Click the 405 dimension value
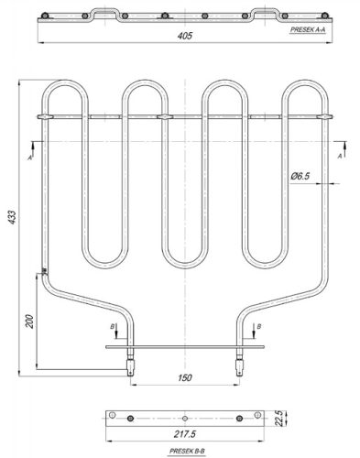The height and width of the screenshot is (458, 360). coord(185,36)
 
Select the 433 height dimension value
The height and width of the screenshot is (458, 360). coord(12,217)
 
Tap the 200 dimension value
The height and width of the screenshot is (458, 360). coord(29,322)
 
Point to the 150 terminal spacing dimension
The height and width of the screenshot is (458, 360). coord(185,377)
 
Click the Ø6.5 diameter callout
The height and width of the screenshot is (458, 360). coord(300,176)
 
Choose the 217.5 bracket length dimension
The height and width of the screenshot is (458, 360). coord(185,433)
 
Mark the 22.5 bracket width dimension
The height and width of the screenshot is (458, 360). coord(278,418)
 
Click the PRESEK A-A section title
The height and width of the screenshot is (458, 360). coord(308,29)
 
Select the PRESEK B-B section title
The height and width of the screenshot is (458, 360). coord(187,451)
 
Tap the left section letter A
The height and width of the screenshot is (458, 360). coord(30,158)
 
